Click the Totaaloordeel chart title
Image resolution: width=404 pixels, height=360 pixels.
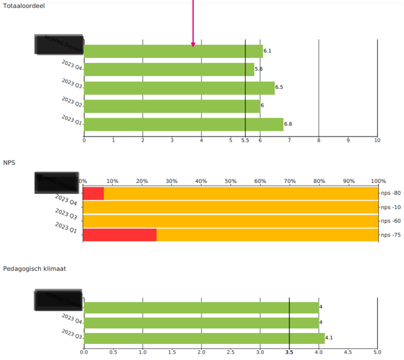[x=24, y=6]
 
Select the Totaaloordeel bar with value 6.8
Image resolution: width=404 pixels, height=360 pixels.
[x=184, y=124]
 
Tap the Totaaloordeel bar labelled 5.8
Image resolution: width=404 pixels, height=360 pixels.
[x=169, y=69]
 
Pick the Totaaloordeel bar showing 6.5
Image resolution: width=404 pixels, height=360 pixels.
[x=179, y=88]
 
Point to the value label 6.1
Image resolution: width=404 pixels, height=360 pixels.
[x=268, y=51]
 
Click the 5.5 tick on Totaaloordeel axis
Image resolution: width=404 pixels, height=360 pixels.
[x=245, y=140]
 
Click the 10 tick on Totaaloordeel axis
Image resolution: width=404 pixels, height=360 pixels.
[x=377, y=140]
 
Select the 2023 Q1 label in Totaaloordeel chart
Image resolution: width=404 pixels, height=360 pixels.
[x=72, y=120]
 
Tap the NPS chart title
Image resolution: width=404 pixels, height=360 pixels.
[x=9, y=162]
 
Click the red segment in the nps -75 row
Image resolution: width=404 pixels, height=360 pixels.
[x=119, y=235]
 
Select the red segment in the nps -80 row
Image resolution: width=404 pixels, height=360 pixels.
[x=93, y=193]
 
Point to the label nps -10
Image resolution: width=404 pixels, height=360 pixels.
[x=391, y=207]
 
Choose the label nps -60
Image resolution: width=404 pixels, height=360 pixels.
[x=391, y=221]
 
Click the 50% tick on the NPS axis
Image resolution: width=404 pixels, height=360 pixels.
[x=231, y=181]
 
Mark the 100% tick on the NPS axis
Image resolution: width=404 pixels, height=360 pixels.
[x=378, y=181]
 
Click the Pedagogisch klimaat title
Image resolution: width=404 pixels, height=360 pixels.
[x=34, y=269]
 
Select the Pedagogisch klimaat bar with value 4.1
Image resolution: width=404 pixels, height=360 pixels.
[x=204, y=338]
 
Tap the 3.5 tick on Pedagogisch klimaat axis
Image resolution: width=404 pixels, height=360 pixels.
[x=289, y=352]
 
